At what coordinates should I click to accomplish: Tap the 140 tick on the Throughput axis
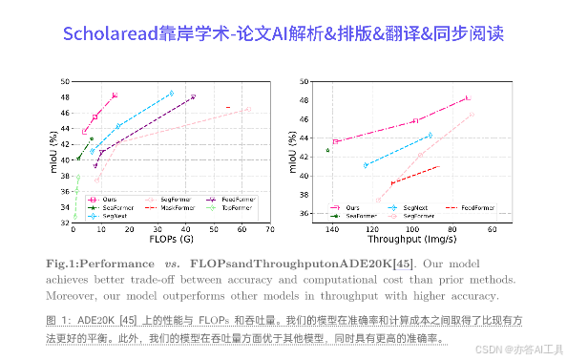[332, 229]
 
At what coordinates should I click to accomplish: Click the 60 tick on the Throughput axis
[492, 229]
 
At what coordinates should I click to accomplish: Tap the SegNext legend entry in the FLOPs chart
[115, 216]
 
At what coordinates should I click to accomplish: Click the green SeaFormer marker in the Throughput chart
[327, 150]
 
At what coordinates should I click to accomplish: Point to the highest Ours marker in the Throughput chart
[467, 97]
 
